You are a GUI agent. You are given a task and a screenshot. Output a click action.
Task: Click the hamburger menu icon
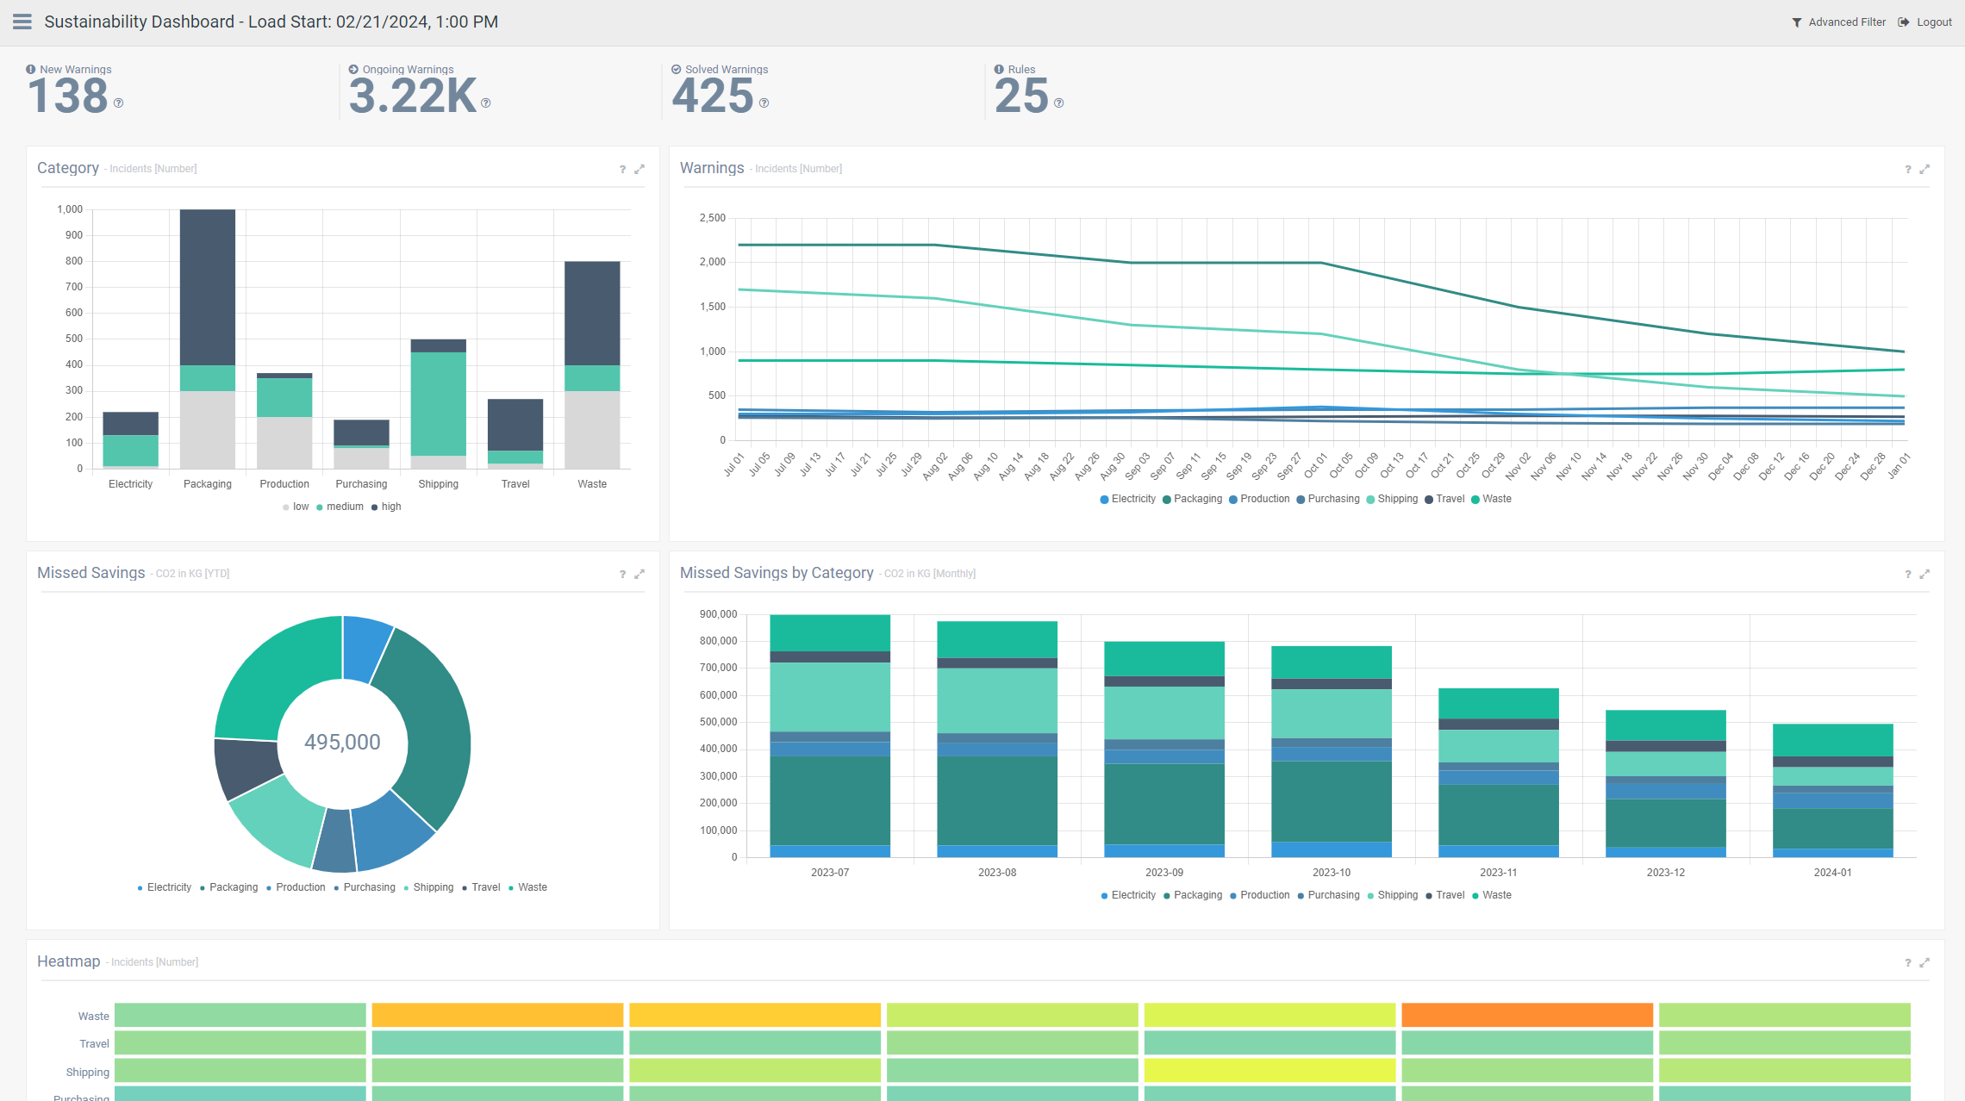[x=22, y=22]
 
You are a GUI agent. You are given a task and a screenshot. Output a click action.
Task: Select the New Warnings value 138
[x=68, y=96]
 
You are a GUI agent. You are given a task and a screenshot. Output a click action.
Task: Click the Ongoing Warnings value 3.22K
[x=413, y=96]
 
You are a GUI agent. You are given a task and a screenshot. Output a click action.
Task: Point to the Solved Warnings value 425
[x=713, y=96]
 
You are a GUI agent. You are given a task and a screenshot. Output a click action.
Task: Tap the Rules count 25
[x=1021, y=96]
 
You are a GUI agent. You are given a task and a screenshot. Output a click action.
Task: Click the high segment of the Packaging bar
[x=208, y=287]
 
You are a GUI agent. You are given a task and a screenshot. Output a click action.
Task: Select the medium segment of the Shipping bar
[x=439, y=403]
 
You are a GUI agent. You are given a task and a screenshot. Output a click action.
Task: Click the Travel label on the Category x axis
[x=515, y=484]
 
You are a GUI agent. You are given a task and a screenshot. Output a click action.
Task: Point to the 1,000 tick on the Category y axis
[x=70, y=209]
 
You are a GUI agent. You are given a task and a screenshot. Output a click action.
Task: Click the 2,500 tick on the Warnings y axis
[x=712, y=218]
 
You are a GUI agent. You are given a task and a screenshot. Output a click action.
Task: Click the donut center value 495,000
[x=342, y=742]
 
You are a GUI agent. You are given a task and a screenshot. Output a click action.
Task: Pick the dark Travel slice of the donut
[x=246, y=768]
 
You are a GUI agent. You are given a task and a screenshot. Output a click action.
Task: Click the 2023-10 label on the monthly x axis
[x=1331, y=873]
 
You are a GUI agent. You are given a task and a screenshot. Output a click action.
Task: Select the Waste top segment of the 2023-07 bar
[x=829, y=632]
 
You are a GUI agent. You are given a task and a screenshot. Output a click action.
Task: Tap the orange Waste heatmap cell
[x=1526, y=1015]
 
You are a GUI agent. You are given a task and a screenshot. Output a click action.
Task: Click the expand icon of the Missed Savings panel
[x=639, y=574]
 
